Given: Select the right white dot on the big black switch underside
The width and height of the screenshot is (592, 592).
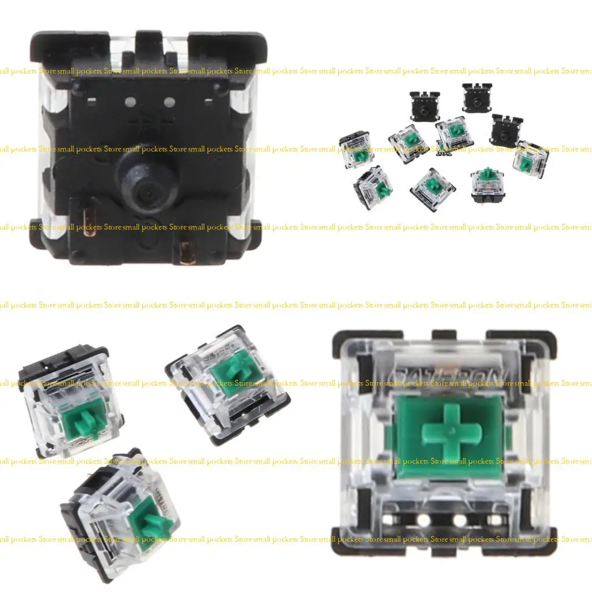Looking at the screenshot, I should click(169, 103).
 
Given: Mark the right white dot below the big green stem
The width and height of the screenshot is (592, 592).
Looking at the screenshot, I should click(460, 520).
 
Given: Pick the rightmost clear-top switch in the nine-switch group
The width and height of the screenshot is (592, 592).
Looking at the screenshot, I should click(530, 158).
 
